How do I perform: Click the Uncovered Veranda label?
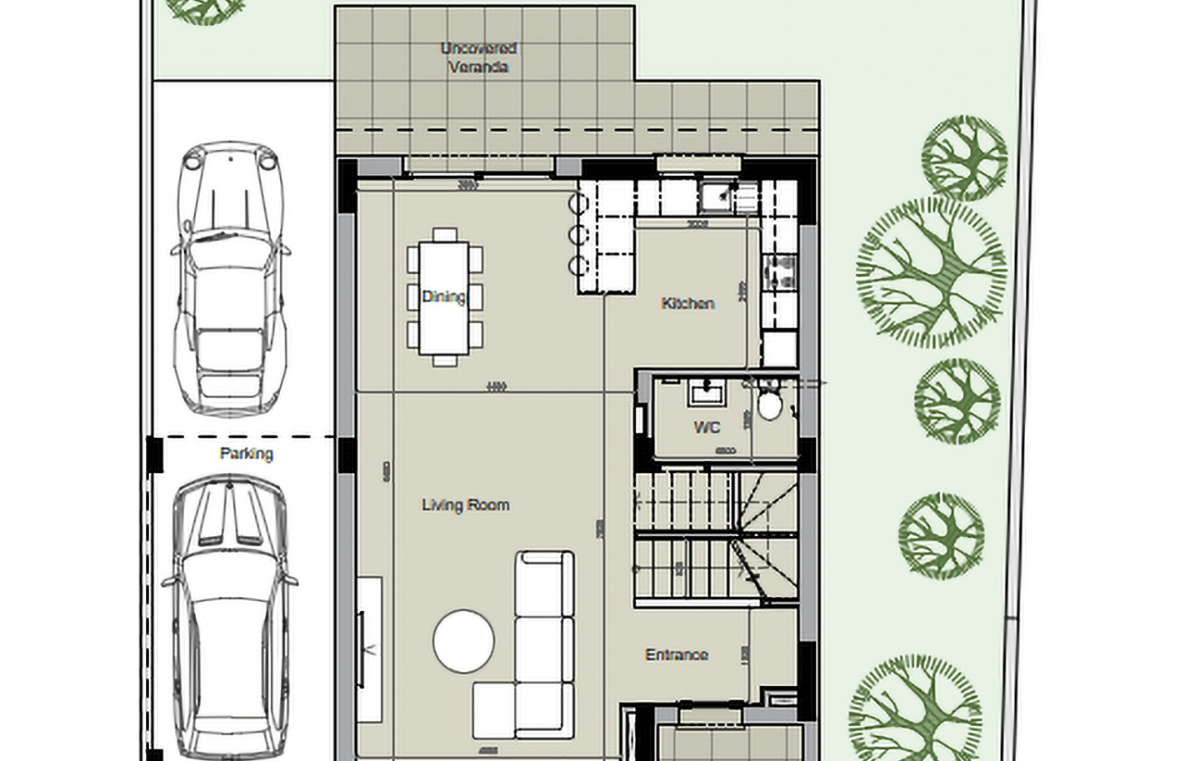[478, 57]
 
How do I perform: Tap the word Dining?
[443, 296]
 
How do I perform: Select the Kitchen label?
[687, 303]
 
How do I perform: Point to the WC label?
[707, 427]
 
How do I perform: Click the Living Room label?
[465, 505]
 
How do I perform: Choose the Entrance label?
[677, 654]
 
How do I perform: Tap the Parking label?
[246, 454]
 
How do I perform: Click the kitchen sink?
[714, 196]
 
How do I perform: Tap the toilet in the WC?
[769, 405]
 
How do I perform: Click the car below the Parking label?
[229, 616]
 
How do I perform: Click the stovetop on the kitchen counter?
[780, 274]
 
